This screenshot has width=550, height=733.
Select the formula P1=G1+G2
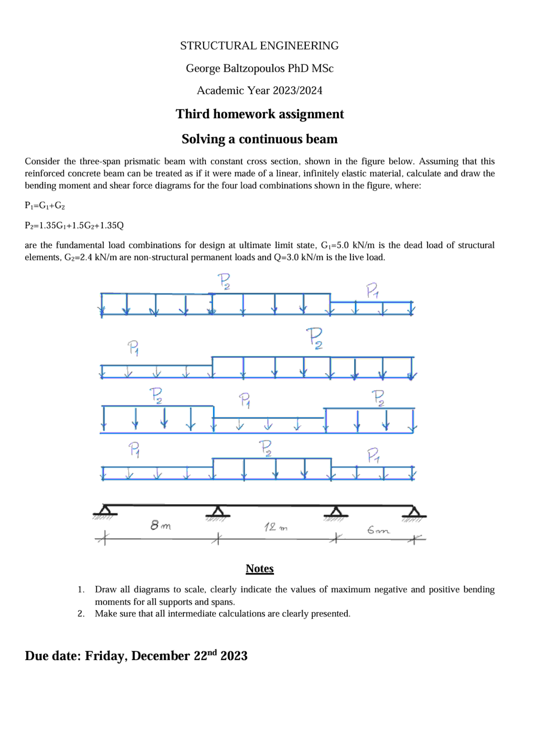click(45, 205)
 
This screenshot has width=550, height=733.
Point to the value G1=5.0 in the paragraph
click(335, 245)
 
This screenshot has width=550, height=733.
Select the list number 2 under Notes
click(81, 614)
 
